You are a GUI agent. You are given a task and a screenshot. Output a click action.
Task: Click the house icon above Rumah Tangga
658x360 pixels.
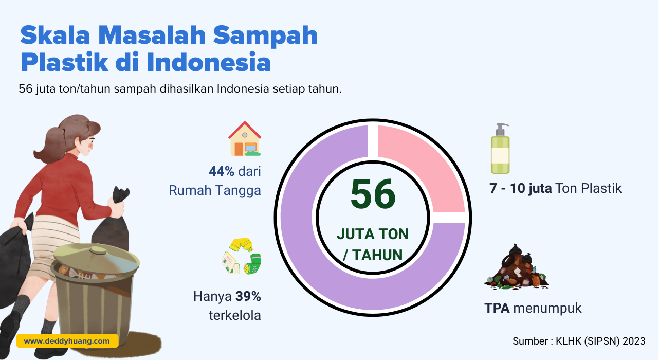point(245,138)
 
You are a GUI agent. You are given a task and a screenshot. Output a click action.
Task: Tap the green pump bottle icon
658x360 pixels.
point(500,149)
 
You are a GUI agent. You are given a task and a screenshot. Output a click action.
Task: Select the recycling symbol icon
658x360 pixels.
point(242,256)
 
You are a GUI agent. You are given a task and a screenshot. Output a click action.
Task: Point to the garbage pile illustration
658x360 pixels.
point(517,267)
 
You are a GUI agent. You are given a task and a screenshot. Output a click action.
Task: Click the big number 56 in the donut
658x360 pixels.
point(373,194)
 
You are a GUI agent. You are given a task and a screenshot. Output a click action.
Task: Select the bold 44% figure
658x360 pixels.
point(222,171)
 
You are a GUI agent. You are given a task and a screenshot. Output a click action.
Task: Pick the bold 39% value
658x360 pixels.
point(248,296)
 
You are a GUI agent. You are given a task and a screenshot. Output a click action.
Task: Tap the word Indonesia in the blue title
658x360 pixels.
point(209,62)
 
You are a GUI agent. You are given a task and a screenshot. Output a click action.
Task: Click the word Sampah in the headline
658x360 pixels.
point(265,36)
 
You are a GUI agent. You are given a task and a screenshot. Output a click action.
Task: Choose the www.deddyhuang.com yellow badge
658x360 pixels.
point(67,341)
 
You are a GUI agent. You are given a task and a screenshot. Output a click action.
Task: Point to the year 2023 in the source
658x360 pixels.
point(634,341)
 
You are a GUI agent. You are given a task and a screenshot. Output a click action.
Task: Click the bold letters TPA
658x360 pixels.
point(497,308)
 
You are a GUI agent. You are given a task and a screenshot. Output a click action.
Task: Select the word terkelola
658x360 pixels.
point(235,315)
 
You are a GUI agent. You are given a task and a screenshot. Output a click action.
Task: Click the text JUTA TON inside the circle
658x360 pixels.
point(373,234)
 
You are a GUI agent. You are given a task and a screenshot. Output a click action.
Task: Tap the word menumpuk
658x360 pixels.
point(547,309)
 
